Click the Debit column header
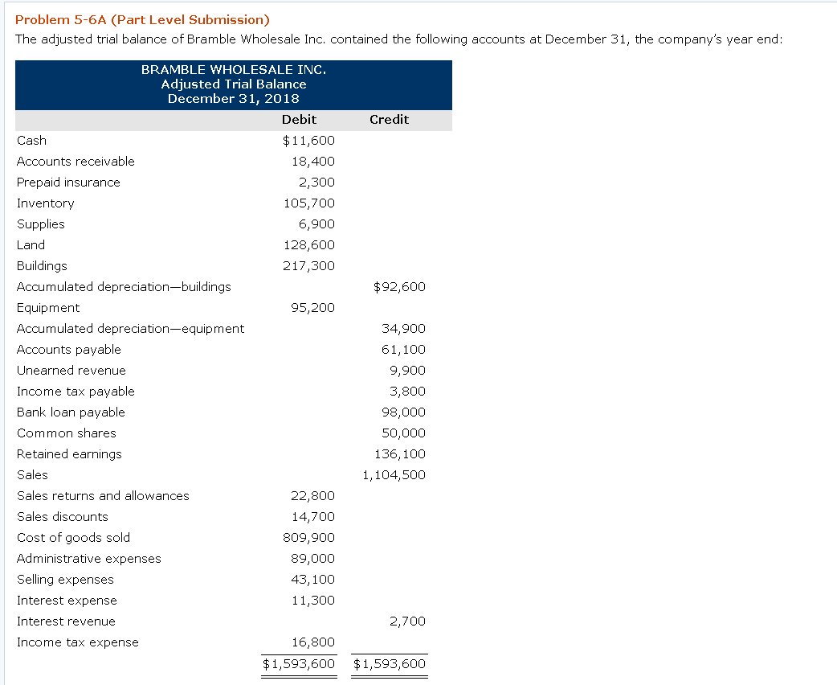pyautogui.click(x=299, y=120)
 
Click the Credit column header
pyautogui.click(x=389, y=120)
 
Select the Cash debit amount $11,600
pyautogui.click(x=308, y=141)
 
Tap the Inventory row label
pyautogui.click(x=46, y=203)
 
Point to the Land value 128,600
pyautogui.click(x=309, y=245)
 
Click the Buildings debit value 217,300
pyautogui.click(x=309, y=266)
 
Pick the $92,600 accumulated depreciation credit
pyautogui.click(x=399, y=287)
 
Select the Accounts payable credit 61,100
pyautogui.click(x=403, y=350)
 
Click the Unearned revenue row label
pyautogui.click(x=71, y=371)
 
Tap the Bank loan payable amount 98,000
pyautogui.click(x=403, y=412)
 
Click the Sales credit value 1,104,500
pyautogui.click(x=394, y=475)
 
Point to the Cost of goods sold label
pyautogui.click(x=73, y=538)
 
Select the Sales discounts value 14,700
pyautogui.click(x=312, y=517)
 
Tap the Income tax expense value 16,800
pyautogui.click(x=312, y=642)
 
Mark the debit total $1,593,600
pyautogui.click(x=299, y=664)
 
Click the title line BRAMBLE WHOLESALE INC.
pyautogui.click(x=233, y=70)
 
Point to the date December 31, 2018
pyautogui.click(x=233, y=99)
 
